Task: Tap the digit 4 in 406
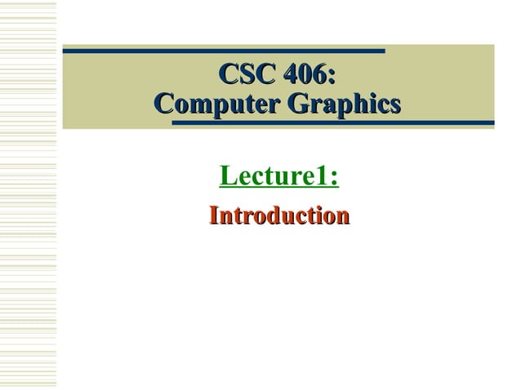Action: click(x=292, y=78)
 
